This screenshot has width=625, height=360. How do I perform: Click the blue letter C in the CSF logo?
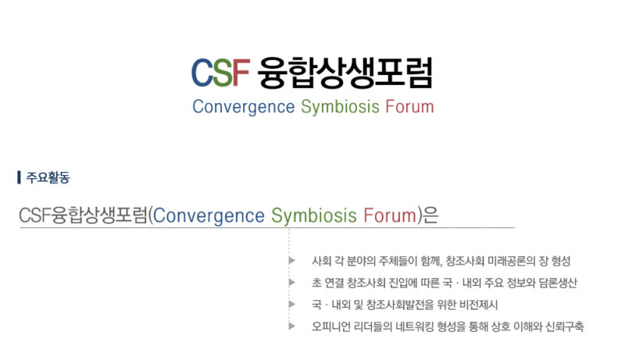click(202, 73)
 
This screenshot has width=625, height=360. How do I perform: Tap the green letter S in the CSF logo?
click(223, 73)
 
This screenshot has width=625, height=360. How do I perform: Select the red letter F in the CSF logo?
click(241, 73)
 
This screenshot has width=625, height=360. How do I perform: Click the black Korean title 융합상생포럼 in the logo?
click(345, 73)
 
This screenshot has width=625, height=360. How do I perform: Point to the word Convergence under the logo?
click(244, 107)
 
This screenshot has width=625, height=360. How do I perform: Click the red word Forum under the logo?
click(409, 107)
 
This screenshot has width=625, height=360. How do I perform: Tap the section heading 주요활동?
click(48, 177)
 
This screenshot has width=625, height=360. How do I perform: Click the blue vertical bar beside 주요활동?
click(19, 177)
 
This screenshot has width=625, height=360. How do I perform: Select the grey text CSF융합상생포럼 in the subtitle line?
click(84, 215)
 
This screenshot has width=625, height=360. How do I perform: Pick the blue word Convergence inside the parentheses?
click(209, 216)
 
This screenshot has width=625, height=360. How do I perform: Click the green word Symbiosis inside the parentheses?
click(314, 216)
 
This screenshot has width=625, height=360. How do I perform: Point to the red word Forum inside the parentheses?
click(390, 215)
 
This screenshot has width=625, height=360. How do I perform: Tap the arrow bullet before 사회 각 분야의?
click(292, 261)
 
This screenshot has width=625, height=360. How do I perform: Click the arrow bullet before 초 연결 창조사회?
click(292, 283)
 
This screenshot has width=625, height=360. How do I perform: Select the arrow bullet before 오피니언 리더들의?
click(292, 326)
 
